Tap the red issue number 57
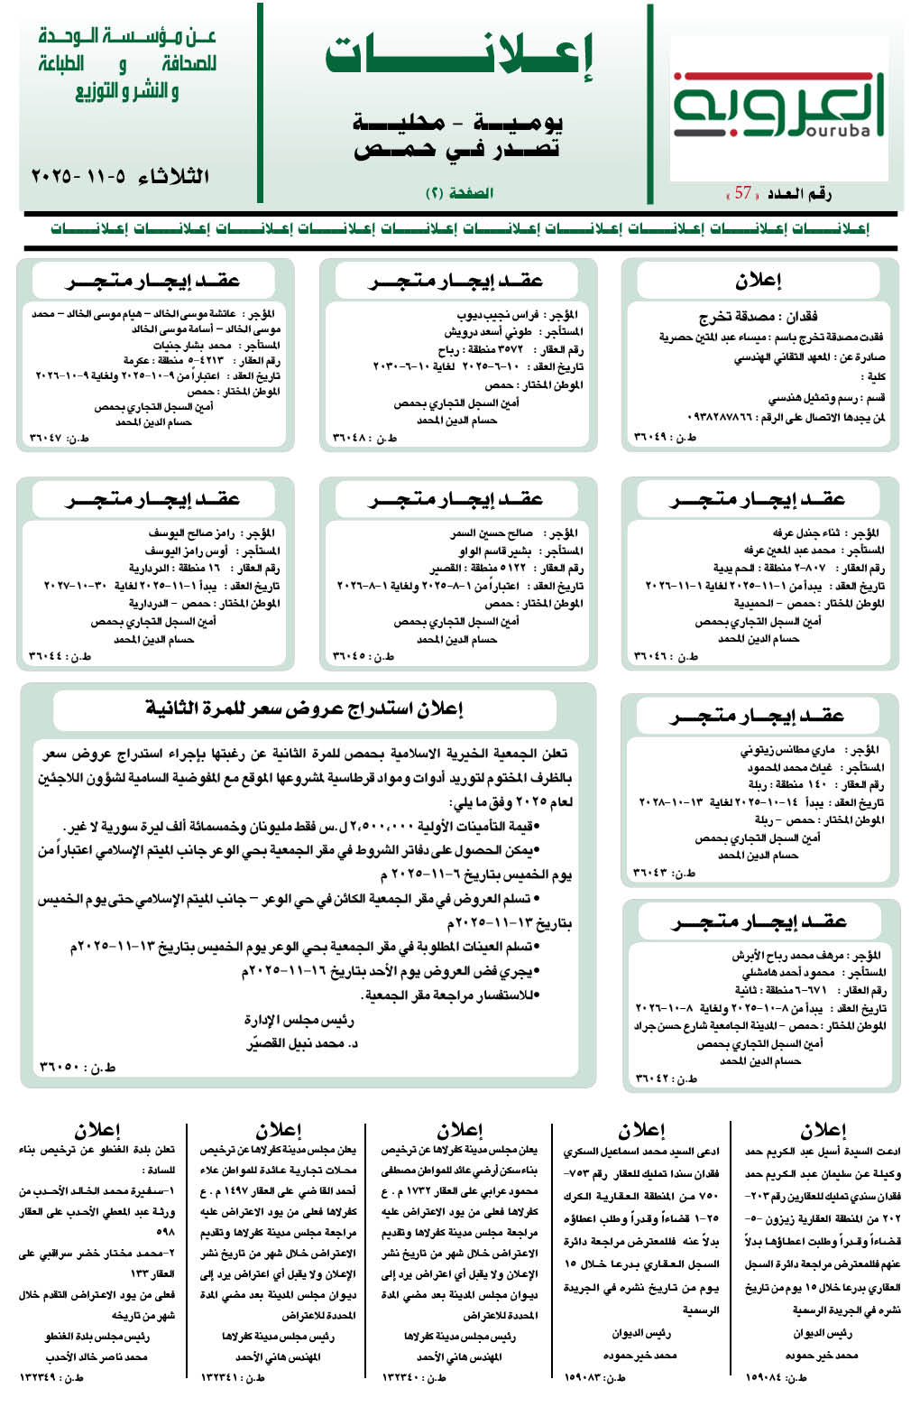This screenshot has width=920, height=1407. [x=743, y=193]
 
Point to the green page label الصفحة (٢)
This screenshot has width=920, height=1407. [x=459, y=193]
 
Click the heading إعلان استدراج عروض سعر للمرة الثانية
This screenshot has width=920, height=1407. [x=304, y=709]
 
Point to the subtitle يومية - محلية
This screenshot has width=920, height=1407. [x=458, y=122]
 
